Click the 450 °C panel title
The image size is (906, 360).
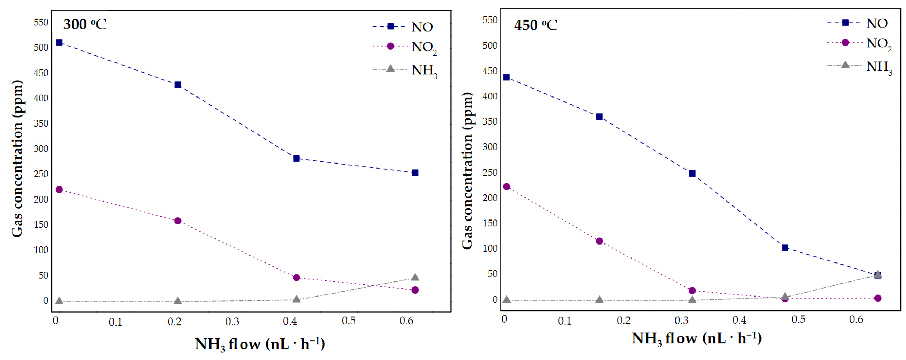click(535, 25)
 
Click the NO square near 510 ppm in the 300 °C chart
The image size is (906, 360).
click(59, 43)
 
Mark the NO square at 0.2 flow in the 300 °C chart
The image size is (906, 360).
click(178, 85)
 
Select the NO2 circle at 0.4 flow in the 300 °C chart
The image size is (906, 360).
click(296, 277)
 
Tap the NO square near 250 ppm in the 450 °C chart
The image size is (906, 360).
click(692, 173)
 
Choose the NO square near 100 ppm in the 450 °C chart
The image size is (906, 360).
click(785, 247)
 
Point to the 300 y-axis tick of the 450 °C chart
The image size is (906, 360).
click(490, 147)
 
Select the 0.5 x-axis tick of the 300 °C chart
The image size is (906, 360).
click(348, 321)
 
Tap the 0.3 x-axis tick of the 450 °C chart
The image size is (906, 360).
click(681, 320)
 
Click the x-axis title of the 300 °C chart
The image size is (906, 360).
click(260, 344)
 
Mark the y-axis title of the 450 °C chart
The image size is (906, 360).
click(467, 171)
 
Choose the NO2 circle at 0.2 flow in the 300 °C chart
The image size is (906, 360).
click(178, 221)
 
